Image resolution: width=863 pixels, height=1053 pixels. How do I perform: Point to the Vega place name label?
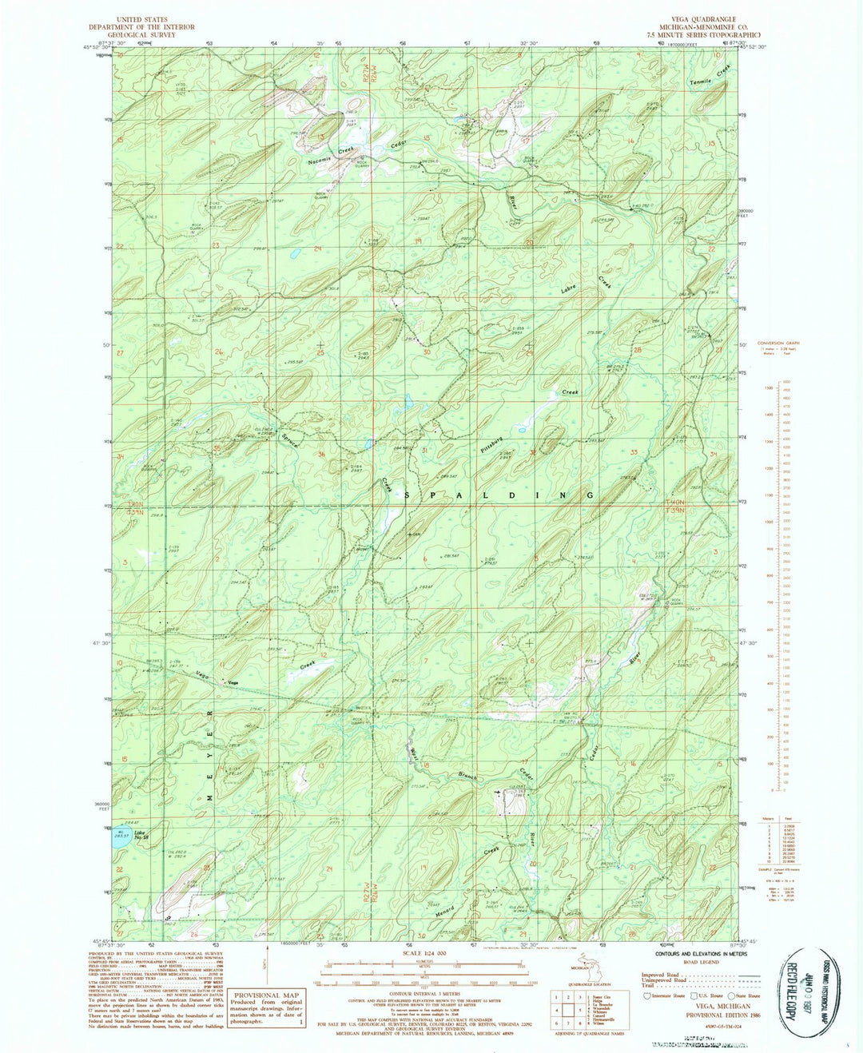coord(233,682)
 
